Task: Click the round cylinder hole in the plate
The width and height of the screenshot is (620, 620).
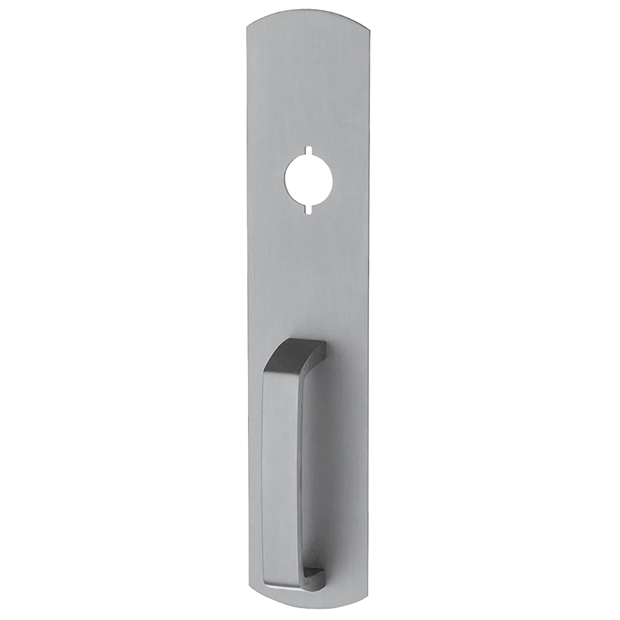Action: click(x=309, y=180)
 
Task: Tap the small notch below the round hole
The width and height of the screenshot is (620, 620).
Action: click(x=308, y=210)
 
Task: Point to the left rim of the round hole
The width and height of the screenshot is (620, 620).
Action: click(x=285, y=180)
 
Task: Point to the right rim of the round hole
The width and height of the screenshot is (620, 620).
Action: click(x=333, y=180)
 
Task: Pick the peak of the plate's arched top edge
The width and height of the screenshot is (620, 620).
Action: click(x=308, y=10)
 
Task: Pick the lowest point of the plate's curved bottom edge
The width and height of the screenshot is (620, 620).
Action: click(x=308, y=608)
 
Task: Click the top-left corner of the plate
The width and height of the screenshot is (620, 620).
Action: click(x=247, y=26)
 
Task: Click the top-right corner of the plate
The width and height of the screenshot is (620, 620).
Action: click(x=368, y=26)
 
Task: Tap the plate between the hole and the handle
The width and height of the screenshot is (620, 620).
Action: click(x=308, y=273)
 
